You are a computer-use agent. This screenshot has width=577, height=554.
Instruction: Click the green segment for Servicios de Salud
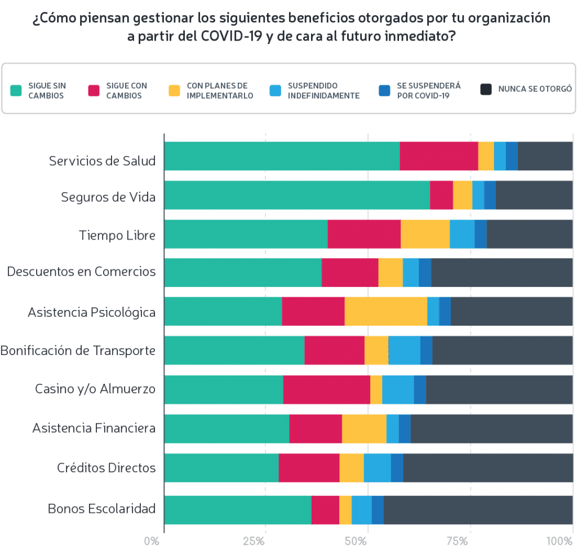(x=282, y=156)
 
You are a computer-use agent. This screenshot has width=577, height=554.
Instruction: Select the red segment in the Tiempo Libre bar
(x=364, y=234)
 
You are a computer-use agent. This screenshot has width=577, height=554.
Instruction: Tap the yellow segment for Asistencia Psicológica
(x=385, y=311)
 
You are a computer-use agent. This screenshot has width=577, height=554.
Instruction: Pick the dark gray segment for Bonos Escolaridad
(x=478, y=509)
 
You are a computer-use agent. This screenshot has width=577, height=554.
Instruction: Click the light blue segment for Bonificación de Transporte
(x=404, y=351)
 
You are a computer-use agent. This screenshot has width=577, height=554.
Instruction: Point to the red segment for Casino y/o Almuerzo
(x=327, y=389)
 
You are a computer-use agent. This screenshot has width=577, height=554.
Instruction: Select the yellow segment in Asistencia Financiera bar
(x=364, y=428)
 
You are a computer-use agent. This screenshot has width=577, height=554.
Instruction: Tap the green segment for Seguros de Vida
(x=297, y=195)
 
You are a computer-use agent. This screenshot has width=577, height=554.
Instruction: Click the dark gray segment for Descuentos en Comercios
(x=501, y=273)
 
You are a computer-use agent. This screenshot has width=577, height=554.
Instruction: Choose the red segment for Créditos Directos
(x=309, y=467)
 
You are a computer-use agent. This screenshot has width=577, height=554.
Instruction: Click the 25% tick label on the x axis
(x=255, y=542)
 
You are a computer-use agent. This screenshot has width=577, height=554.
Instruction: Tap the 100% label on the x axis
(x=560, y=542)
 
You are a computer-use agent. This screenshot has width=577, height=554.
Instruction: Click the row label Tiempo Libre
(x=117, y=235)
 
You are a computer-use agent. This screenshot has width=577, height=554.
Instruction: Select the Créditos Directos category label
(x=106, y=468)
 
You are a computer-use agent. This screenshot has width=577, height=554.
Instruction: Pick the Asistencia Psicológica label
(x=91, y=312)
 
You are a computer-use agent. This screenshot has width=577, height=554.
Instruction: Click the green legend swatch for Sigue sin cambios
(x=16, y=90)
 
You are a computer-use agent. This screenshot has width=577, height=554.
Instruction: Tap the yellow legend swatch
(x=175, y=90)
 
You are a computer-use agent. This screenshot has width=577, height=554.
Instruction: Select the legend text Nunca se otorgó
(x=535, y=89)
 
